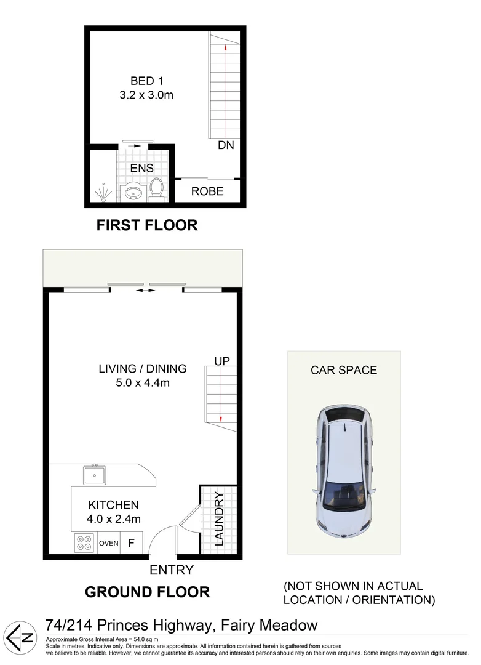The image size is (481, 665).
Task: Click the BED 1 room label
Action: [147, 81]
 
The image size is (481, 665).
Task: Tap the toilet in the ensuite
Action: [157, 188]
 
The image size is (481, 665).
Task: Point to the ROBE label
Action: [207, 191]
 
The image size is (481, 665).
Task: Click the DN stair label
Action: [226, 146]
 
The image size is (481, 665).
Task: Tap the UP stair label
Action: [222, 361]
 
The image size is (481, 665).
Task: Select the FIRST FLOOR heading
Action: [147, 225]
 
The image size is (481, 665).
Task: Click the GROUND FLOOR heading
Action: [147, 592]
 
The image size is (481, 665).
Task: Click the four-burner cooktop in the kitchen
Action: [84, 543]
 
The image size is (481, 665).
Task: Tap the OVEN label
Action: [108, 543]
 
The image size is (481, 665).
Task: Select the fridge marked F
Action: [130, 543]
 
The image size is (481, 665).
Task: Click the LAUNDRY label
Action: [218, 518]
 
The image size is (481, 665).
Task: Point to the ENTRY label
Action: [171, 570]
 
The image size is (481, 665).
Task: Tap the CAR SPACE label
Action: [343, 370]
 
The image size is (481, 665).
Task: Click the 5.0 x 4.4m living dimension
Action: [143, 382]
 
